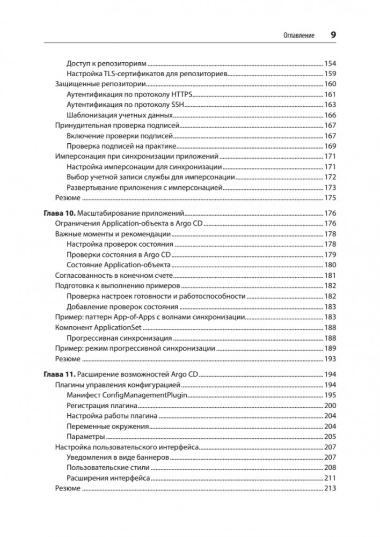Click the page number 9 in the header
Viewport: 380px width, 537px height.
pos(333,35)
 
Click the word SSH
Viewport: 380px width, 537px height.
pos(177,105)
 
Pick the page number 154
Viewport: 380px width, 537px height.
pos(330,63)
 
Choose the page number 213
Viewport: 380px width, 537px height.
pos(330,489)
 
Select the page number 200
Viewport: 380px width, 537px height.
pos(330,406)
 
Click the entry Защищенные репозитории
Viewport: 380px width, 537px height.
pos(101,84)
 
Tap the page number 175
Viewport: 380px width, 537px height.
pos(330,198)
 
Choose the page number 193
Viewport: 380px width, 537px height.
pos(330,359)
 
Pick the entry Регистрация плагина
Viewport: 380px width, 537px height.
pos(103,406)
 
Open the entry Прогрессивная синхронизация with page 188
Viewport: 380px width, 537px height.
pos(119,339)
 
